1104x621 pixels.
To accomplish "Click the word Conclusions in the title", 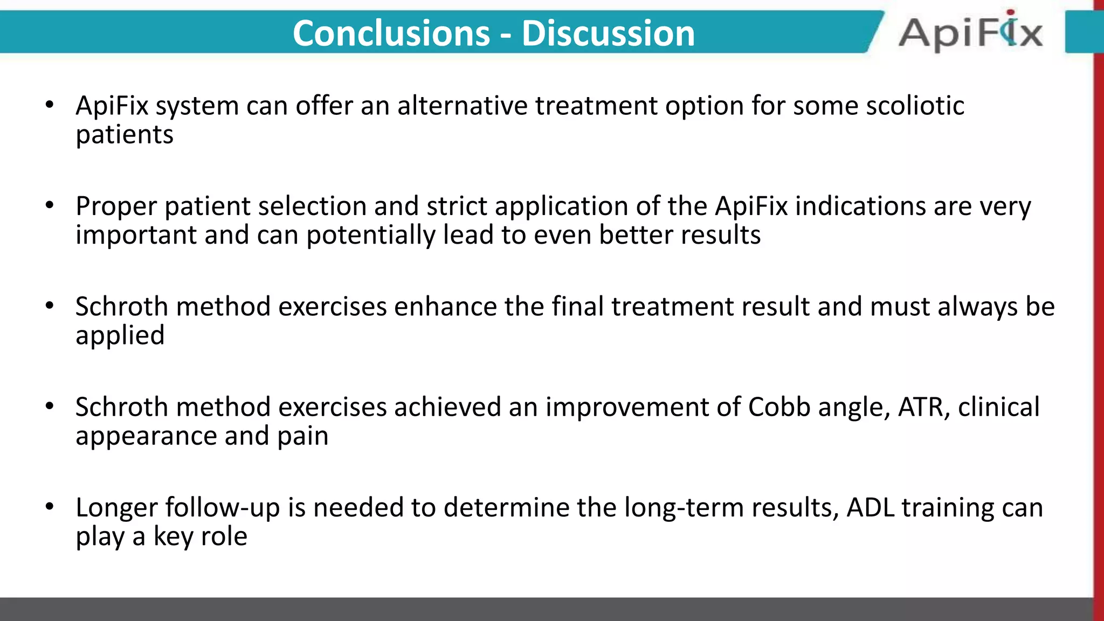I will [391, 33].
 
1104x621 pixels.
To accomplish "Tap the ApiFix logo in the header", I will [970, 33].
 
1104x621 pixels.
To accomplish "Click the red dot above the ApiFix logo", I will [1010, 12].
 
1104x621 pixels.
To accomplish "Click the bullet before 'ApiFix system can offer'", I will [50, 105].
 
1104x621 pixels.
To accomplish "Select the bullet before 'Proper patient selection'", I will [50, 205].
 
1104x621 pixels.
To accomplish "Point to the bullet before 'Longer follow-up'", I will [50, 507].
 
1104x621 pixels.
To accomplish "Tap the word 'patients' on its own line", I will [125, 135].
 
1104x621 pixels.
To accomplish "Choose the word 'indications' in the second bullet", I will [860, 206].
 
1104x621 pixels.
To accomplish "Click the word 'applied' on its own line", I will [120, 336].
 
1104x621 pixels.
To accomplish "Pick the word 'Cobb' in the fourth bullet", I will [779, 407].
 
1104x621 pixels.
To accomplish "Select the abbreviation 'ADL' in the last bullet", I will [871, 508].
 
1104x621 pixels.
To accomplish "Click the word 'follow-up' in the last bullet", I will [222, 508].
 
